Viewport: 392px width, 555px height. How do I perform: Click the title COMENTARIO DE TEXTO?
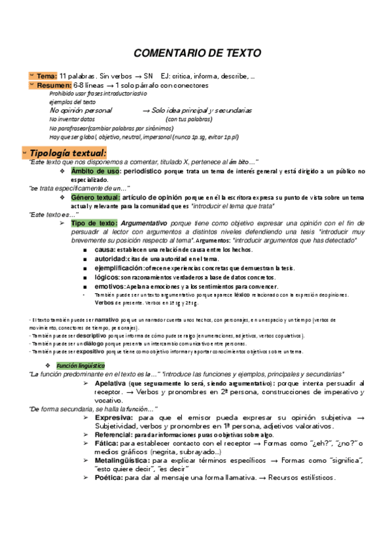point(197,52)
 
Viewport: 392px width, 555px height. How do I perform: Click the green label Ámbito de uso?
point(96,171)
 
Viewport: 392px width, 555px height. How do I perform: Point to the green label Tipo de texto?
point(94,223)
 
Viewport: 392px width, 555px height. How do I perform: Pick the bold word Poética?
point(109,478)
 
